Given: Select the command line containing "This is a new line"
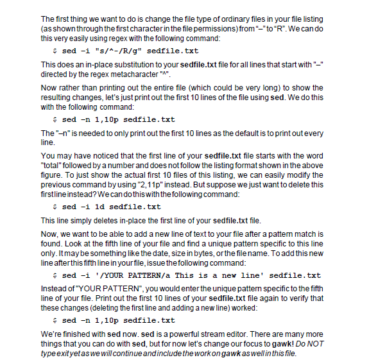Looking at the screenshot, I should (186, 275).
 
